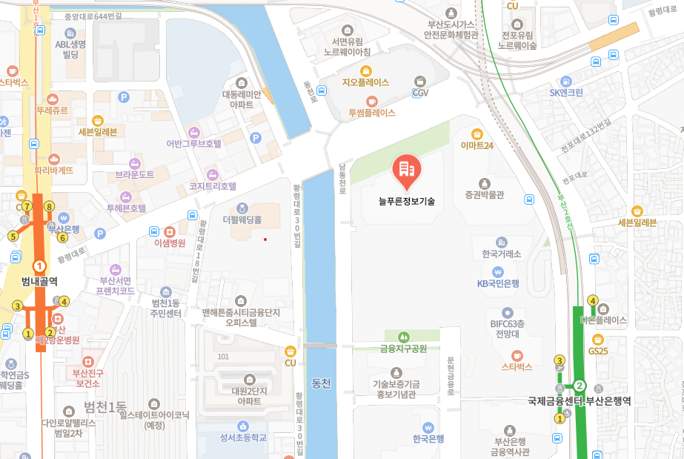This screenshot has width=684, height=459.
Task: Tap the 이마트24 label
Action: point(477,145)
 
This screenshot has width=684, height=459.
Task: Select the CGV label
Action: point(421,93)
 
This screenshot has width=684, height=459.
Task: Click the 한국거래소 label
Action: point(502,254)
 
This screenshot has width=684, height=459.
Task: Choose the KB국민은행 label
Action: point(498,283)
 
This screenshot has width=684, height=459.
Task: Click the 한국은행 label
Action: point(428,438)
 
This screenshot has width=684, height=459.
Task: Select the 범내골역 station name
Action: point(40,281)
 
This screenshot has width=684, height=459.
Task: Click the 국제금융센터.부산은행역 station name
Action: point(579,401)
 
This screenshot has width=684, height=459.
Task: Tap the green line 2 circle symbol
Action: point(580,386)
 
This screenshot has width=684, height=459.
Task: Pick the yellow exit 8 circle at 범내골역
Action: point(50,207)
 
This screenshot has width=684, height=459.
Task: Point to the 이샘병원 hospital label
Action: point(169,242)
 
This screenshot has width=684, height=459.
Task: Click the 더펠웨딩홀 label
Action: point(242,219)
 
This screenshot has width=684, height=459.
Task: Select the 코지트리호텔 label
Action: point(213,186)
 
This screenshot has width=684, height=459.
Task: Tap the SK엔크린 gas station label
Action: point(566,92)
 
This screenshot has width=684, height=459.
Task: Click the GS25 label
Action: point(597,350)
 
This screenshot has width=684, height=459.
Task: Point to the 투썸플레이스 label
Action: point(372,113)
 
